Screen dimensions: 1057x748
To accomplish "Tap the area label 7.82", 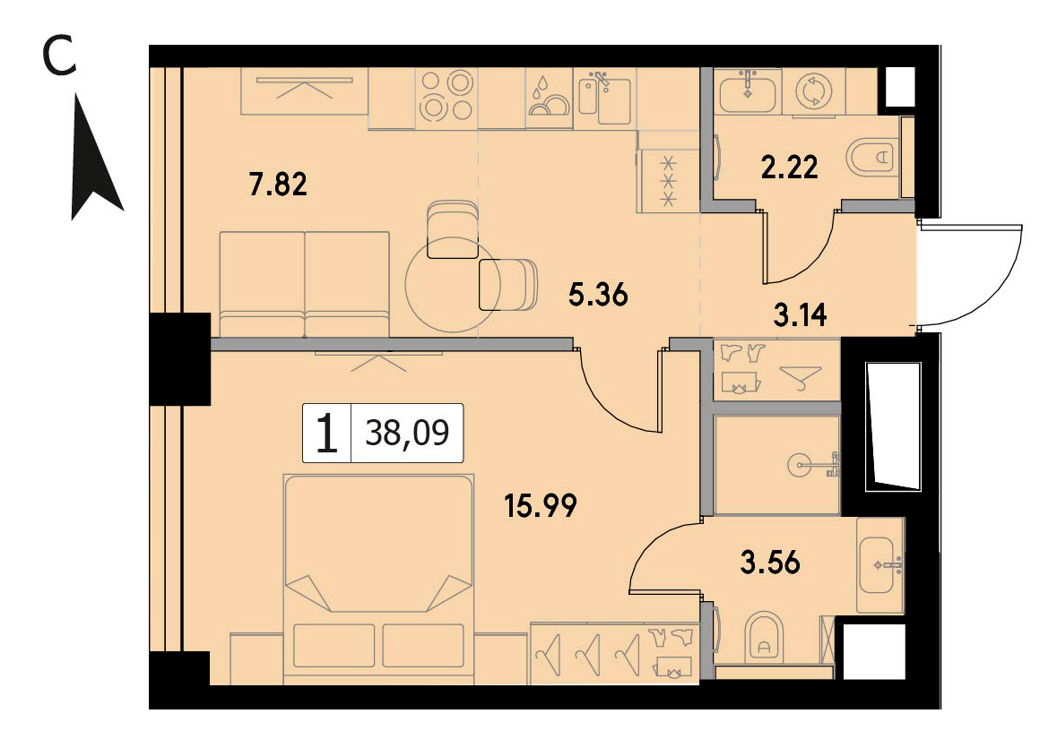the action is tap(278, 184).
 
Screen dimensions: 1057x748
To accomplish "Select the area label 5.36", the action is tap(598, 294).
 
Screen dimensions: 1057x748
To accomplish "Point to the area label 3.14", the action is tap(801, 314).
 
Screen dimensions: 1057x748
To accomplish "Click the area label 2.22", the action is tap(789, 167).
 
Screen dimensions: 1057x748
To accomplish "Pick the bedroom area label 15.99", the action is tap(541, 505).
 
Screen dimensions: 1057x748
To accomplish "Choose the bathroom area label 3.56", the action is tap(770, 563).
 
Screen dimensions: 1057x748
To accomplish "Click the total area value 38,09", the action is tap(407, 433).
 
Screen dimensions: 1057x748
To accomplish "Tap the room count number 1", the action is tap(327, 434).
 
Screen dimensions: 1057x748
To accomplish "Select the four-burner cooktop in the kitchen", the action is tap(446, 96).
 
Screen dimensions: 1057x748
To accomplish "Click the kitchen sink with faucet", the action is tap(604, 99).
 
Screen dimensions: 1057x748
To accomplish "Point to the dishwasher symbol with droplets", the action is tap(549, 99).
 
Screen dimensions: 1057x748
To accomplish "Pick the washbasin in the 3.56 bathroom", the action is tap(881, 565).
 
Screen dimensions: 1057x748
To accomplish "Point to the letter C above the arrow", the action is tap(59, 56).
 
